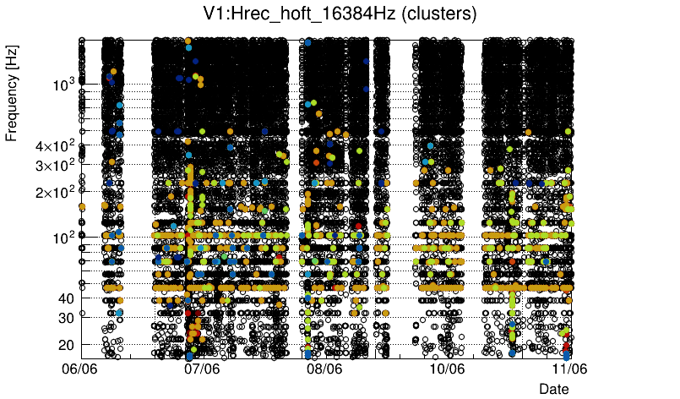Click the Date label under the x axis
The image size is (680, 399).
click(x=554, y=388)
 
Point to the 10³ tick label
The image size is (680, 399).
click(x=64, y=85)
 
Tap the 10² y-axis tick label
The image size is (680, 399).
click(x=64, y=238)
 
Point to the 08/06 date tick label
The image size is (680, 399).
click(x=325, y=369)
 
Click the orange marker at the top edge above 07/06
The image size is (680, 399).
click(x=188, y=41)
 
